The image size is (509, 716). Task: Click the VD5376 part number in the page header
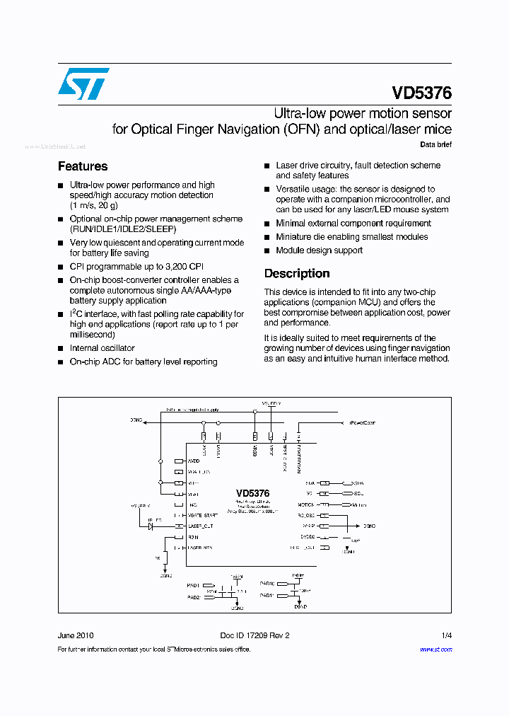pos(421,93)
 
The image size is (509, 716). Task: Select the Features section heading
pos(83,166)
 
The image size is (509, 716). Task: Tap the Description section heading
pos(297,273)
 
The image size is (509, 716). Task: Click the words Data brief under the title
pos(435,145)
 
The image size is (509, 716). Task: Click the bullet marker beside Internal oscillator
pos(61,349)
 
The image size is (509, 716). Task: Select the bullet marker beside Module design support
pos(267,250)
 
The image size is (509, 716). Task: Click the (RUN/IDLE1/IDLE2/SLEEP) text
pos(123,229)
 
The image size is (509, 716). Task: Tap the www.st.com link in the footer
pos(435,649)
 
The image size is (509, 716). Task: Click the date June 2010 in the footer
pos(75,635)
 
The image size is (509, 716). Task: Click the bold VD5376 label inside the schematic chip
pos(252,493)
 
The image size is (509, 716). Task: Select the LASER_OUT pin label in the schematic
pos(201,526)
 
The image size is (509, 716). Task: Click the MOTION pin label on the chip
pos(305,504)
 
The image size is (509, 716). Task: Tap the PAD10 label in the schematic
pos(267,584)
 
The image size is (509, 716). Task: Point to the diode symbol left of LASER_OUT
pos(151,526)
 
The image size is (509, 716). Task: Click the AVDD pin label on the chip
pos(194,460)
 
